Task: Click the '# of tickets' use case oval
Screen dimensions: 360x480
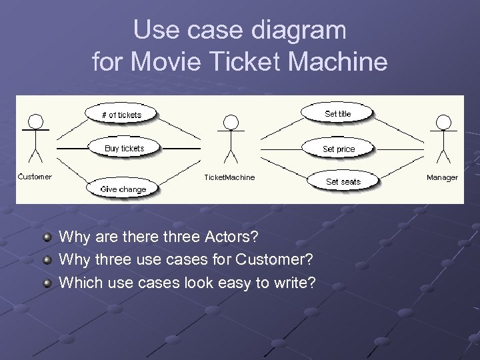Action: (x=121, y=115)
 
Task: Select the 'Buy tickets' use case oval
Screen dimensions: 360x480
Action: (x=124, y=148)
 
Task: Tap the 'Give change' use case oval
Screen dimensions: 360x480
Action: (x=123, y=189)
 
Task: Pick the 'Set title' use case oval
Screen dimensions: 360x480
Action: (x=337, y=114)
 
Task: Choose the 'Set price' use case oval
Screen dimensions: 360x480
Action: (x=339, y=149)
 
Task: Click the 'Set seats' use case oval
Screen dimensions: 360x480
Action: (x=343, y=181)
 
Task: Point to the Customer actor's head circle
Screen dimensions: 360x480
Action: (x=35, y=121)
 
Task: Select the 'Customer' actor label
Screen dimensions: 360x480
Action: (x=35, y=177)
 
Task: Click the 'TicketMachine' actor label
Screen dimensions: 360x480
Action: (x=229, y=177)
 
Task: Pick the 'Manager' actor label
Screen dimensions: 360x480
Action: (x=443, y=177)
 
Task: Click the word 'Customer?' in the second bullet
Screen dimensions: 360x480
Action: (x=279, y=259)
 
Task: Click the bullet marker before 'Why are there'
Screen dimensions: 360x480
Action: (x=47, y=237)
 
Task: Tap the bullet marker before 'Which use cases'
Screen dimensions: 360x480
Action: (x=47, y=283)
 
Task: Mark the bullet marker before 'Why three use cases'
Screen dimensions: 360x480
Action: (x=47, y=260)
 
